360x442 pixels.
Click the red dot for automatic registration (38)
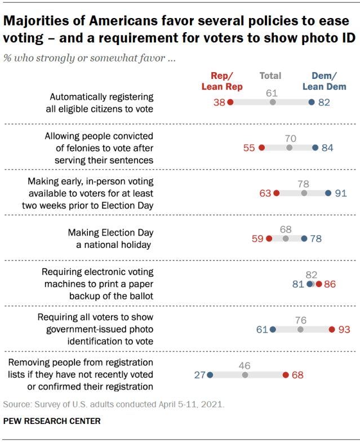[x=230, y=102]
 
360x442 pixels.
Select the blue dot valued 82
[x=312, y=102]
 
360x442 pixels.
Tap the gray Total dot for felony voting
[x=290, y=148]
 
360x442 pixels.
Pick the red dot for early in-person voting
[x=276, y=193]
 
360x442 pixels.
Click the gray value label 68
[x=286, y=229]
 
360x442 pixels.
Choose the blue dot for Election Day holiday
[x=304, y=238]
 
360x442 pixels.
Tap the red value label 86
[x=330, y=284]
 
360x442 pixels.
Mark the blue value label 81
[x=299, y=284]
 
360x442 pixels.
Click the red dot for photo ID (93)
[x=332, y=329]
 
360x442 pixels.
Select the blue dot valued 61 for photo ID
[x=273, y=329]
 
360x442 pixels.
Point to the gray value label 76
[x=300, y=320]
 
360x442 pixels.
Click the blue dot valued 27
[x=210, y=374]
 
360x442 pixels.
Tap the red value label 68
[x=298, y=374]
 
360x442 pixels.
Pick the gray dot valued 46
[x=245, y=374]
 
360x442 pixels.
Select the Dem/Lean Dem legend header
[x=324, y=81]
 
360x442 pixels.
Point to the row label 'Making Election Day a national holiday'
[x=110, y=238]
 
